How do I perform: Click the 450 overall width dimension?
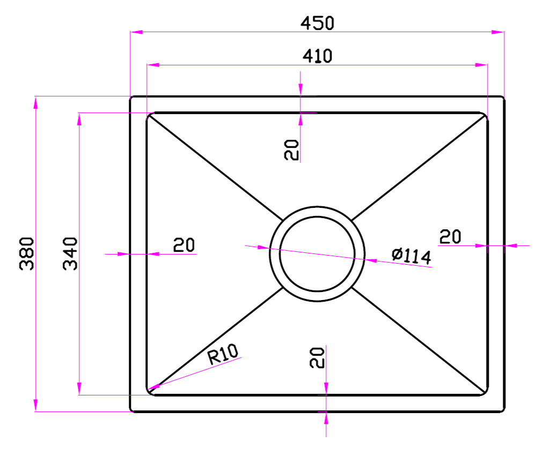click(x=317, y=23)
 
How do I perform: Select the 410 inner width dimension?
click(x=317, y=56)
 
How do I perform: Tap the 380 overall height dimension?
click(x=27, y=253)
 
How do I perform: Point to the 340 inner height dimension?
click(x=70, y=253)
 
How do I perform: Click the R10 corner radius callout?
click(x=223, y=354)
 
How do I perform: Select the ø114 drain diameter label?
click(x=412, y=256)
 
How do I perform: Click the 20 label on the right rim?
click(x=450, y=237)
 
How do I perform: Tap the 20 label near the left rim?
click(x=184, y=245)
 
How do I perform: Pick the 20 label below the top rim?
click(x=291, y=150)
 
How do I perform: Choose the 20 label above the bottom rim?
click(x=317, y=358)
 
